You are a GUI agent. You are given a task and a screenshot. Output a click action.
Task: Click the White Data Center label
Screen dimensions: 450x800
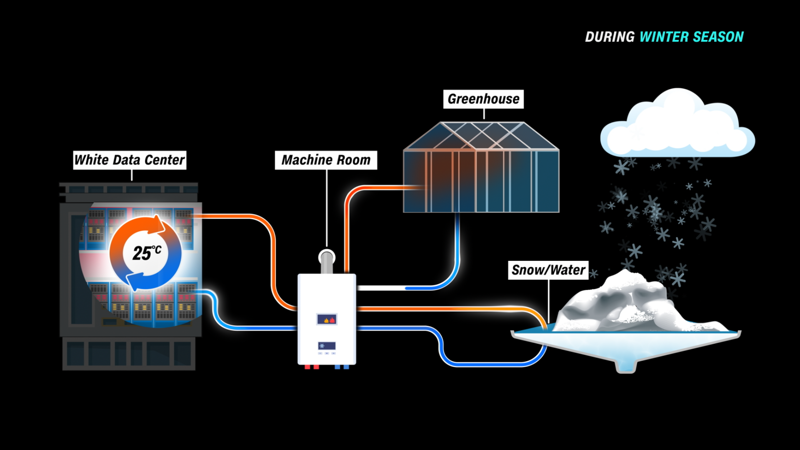tap(130, 160)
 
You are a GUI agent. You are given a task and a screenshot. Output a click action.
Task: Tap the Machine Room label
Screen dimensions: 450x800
tap(326, 160)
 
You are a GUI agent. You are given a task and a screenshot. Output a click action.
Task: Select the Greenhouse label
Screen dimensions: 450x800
tap(483, 99)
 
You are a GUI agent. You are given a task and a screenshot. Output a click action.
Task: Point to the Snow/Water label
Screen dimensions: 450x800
tap(548, 270)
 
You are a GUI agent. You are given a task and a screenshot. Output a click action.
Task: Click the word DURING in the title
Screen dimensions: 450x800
tap(610, 37)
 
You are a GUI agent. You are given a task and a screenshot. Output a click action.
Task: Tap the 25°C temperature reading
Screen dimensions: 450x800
tap(146, 252)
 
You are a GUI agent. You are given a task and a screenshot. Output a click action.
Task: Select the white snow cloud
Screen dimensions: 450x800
tap(677, 125)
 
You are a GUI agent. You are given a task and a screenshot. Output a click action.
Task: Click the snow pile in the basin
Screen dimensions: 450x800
tap(625, 304)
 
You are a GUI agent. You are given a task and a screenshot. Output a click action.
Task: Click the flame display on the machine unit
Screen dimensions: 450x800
tap(327, 320)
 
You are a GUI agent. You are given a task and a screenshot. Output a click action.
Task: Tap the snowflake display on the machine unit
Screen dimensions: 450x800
tap(327, 346)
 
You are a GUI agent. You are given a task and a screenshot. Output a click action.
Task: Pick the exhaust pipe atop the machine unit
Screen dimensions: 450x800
tap(327, 260)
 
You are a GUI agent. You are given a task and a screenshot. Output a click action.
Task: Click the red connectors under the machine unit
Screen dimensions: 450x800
tap(312, 367)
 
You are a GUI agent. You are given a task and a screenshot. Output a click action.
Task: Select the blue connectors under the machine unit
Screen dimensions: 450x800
tap(342, 367)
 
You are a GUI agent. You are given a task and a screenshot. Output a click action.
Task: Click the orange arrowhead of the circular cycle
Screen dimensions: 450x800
tap(158, 225)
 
